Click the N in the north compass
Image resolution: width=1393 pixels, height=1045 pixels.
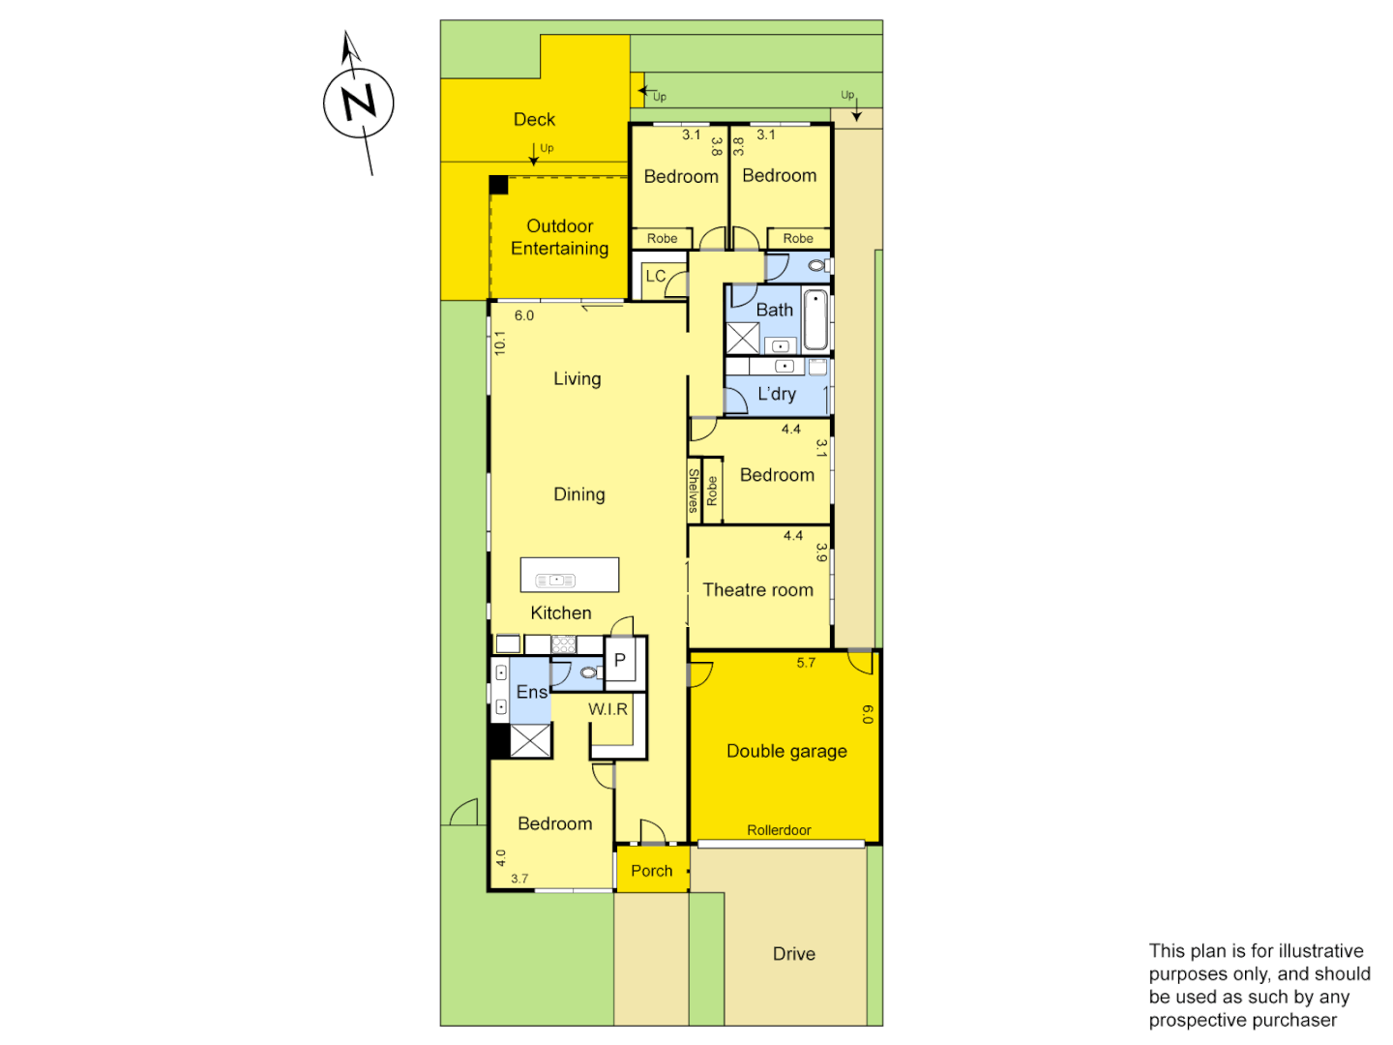point(359,102)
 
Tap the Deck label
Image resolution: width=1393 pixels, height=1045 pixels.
point(534,119)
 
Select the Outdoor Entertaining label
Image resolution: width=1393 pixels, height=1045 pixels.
point(560,237)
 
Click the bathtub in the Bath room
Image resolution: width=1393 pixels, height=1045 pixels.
point(815,319)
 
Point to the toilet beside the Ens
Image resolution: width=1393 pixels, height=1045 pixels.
point(588,672)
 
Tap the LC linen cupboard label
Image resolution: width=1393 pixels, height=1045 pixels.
point(655,276)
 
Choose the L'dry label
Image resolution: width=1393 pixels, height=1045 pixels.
point(777,394)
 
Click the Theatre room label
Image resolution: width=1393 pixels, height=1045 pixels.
point(757,590)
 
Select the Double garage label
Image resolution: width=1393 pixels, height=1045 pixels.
point(786,751)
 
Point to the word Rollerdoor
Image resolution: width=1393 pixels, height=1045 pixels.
point(779,830)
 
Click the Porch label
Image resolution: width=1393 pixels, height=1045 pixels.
point(651,871)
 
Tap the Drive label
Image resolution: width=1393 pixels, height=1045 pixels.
point(793,954)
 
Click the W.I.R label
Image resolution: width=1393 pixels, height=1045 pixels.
point(608,709)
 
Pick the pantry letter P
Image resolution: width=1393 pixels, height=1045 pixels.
point(620,660)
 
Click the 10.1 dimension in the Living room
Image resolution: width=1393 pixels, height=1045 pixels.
point(500,343)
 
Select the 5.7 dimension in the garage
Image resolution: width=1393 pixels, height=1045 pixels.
point(806,663)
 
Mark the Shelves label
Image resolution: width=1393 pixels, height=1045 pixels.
point(694,491)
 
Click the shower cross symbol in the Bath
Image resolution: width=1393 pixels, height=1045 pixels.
point(743,338)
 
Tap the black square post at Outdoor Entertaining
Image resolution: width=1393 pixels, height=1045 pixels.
point(498,185)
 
